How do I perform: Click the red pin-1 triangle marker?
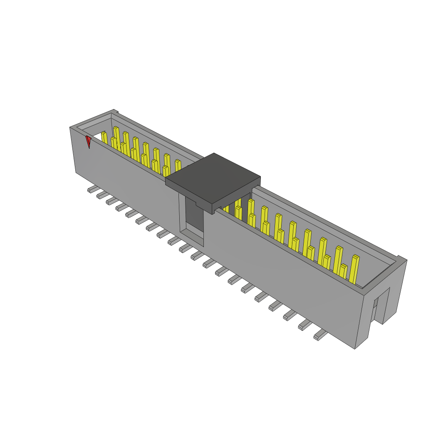point(88,141)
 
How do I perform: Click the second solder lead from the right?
point(305,324)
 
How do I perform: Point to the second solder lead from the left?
point(102,195)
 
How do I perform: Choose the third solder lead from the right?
point(290,315)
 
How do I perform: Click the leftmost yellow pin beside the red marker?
point(104,138)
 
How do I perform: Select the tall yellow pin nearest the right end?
point(354,269)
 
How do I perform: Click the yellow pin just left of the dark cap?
point(178,166)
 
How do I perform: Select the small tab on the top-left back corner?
point(117,111)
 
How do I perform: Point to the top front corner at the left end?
point(70,127)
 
